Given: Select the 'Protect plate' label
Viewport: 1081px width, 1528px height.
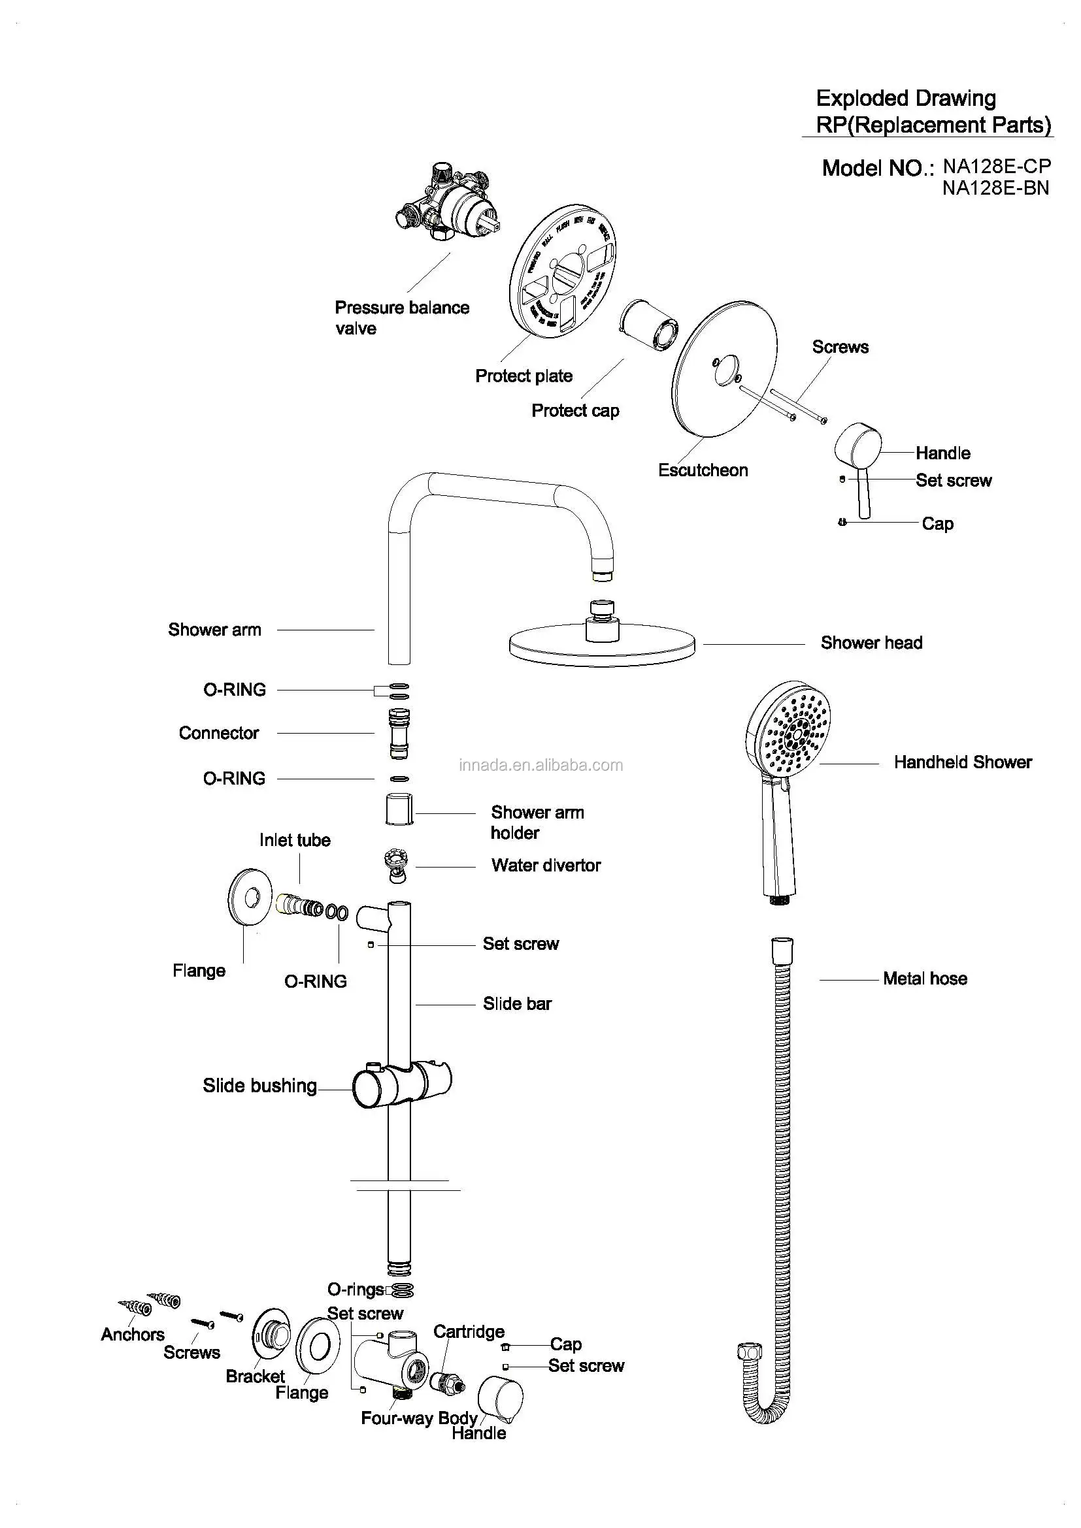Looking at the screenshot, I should [x=524, y=376].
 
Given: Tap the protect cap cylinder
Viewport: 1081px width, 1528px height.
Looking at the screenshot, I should [x=649, y=325].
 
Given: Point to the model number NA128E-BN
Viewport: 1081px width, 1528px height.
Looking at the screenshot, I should [x=995, y=188].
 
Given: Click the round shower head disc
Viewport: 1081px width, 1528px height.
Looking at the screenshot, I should [x=602, y=644].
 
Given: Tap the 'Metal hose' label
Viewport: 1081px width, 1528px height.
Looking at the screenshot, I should [x=925, y=979].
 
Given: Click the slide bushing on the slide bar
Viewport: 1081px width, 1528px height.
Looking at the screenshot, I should [x=401, y=1084].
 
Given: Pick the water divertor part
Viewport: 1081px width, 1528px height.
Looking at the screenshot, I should [x=397, y=865].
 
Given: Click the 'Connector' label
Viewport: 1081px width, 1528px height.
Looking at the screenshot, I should [x=218, y=733].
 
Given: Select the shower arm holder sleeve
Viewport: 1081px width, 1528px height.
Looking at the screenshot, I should [x=399, y=809].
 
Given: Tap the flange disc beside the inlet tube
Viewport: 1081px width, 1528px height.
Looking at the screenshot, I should [x=250, y=897].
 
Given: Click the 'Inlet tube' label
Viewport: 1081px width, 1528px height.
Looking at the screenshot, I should [x=295, y=840].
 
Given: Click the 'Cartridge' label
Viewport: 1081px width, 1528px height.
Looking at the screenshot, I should [x=469, y=1331].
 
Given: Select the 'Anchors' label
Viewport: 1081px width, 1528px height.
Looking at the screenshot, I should [x=133, y=1335].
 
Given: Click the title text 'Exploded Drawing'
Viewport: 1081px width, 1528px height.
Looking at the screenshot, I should [x=905, y=99].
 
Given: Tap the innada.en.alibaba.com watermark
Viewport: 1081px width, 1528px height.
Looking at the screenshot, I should [x=540, y=766].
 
